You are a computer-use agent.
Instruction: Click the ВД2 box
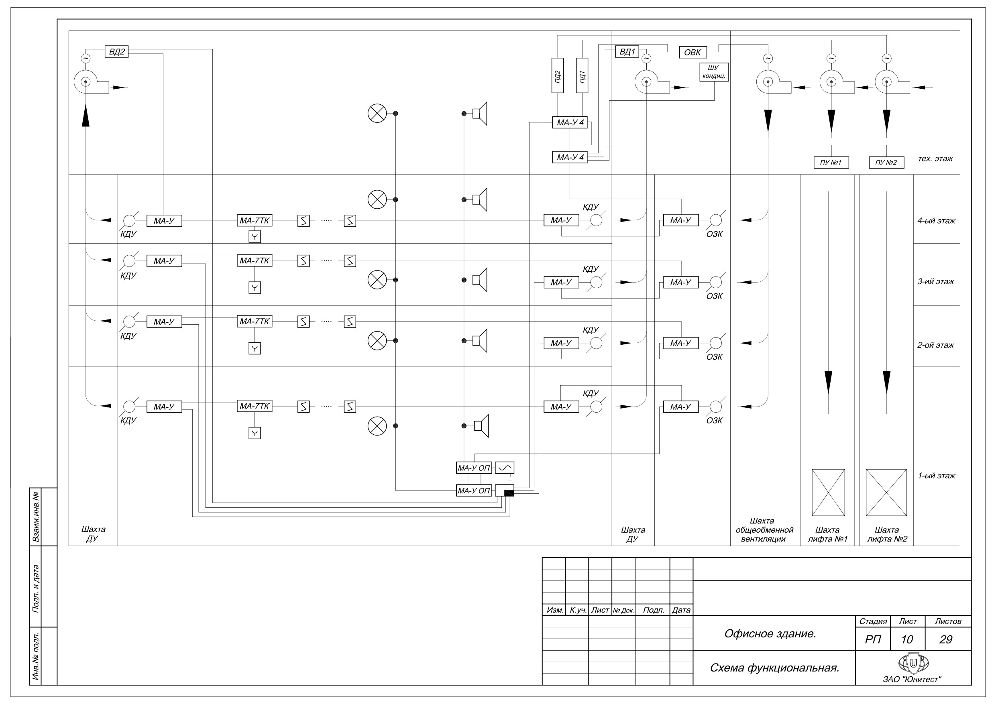tap(117, 52)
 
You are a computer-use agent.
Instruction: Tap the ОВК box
tap(693, 52)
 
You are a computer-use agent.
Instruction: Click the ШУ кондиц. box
tap(714, 72)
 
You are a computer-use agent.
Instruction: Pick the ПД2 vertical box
tap(558, 75)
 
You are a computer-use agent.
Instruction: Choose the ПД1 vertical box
tap(582, 75)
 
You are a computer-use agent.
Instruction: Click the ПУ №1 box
tap(831, 163)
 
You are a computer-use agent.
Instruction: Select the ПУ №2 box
tap(886, 163)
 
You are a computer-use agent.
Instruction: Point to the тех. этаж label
tap(935, 159)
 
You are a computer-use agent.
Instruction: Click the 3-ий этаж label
tap(936, 281)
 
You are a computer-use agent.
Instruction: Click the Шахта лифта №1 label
tap(827, 534)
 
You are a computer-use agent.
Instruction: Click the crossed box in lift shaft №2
tap(886, 492)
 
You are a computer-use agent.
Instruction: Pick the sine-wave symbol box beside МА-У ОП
tap(505, 468)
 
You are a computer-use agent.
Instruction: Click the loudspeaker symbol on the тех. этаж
tap(480, 114)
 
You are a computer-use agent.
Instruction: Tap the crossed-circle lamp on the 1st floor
tap(377, 426)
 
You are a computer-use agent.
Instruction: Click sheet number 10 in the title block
tap(906, 639)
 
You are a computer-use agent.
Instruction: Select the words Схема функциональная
tap(774, 667)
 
